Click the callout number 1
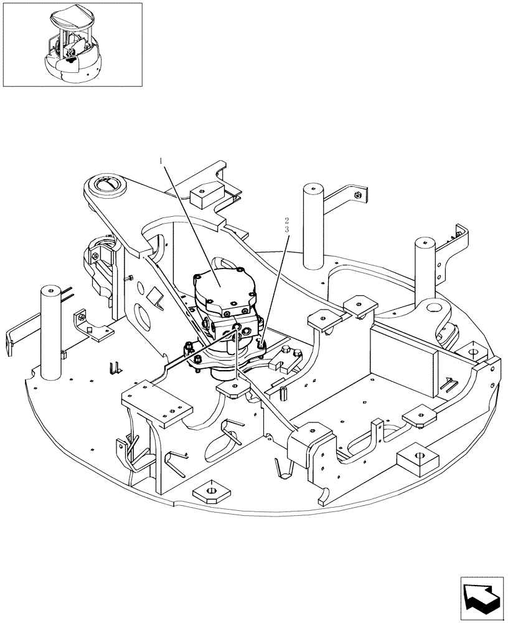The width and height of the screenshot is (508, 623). (162, 161)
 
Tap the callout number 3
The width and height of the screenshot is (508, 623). (286, 230)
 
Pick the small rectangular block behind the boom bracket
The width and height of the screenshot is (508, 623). (204, 194)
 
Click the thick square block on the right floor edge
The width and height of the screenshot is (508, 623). (416, 460)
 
